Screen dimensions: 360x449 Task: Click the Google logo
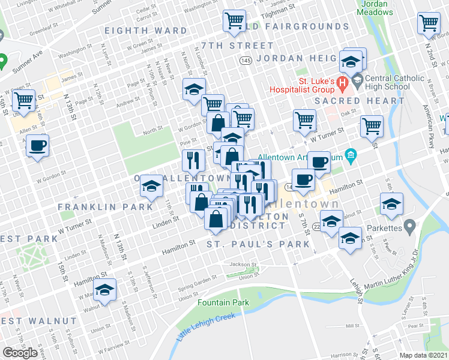click(20, 353)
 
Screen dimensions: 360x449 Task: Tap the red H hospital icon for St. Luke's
click(342, 82)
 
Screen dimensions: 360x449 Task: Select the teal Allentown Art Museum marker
click(351, 158)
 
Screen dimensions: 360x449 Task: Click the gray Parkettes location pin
click(409, 227)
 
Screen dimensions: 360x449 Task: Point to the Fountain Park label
click(223, 303)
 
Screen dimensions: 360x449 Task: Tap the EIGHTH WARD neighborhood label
click(145, 31)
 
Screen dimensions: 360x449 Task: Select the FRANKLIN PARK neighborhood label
click(105, 207)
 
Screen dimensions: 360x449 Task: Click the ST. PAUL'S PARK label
click(258, 244)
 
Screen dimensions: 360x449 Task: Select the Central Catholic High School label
click(393, 82)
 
